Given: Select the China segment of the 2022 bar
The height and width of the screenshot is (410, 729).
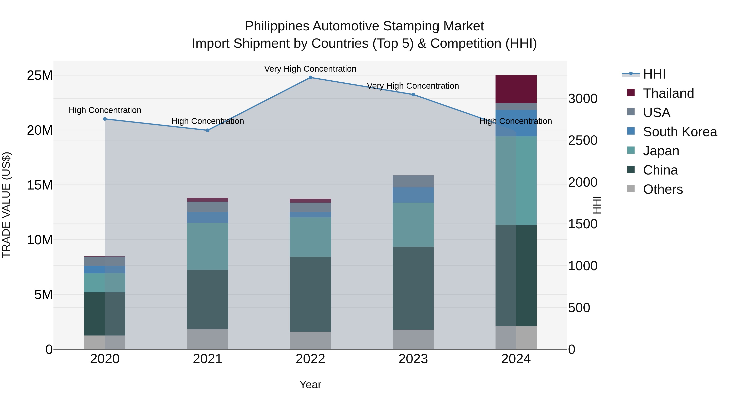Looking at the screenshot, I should [310, 294].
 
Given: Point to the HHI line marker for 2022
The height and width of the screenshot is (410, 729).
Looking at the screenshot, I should [310, 78].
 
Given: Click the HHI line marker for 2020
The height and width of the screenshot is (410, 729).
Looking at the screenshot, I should [105, 119].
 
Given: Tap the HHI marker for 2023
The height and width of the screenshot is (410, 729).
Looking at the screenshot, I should [413, 95].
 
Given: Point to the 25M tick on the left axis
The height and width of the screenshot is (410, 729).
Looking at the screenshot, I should [40, 76].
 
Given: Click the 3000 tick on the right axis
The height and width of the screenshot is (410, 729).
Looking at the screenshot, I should [582, 99].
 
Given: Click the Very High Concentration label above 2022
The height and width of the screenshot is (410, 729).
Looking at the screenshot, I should [310, 69].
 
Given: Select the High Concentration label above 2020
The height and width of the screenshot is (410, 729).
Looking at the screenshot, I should [105, 110].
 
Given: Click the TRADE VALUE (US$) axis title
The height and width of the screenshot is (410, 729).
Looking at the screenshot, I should [6, 205].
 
